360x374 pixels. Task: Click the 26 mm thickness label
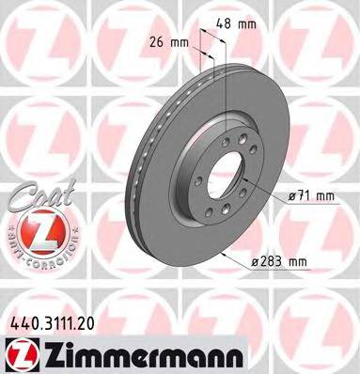170,41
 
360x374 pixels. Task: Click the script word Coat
38,192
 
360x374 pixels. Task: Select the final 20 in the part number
88,320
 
